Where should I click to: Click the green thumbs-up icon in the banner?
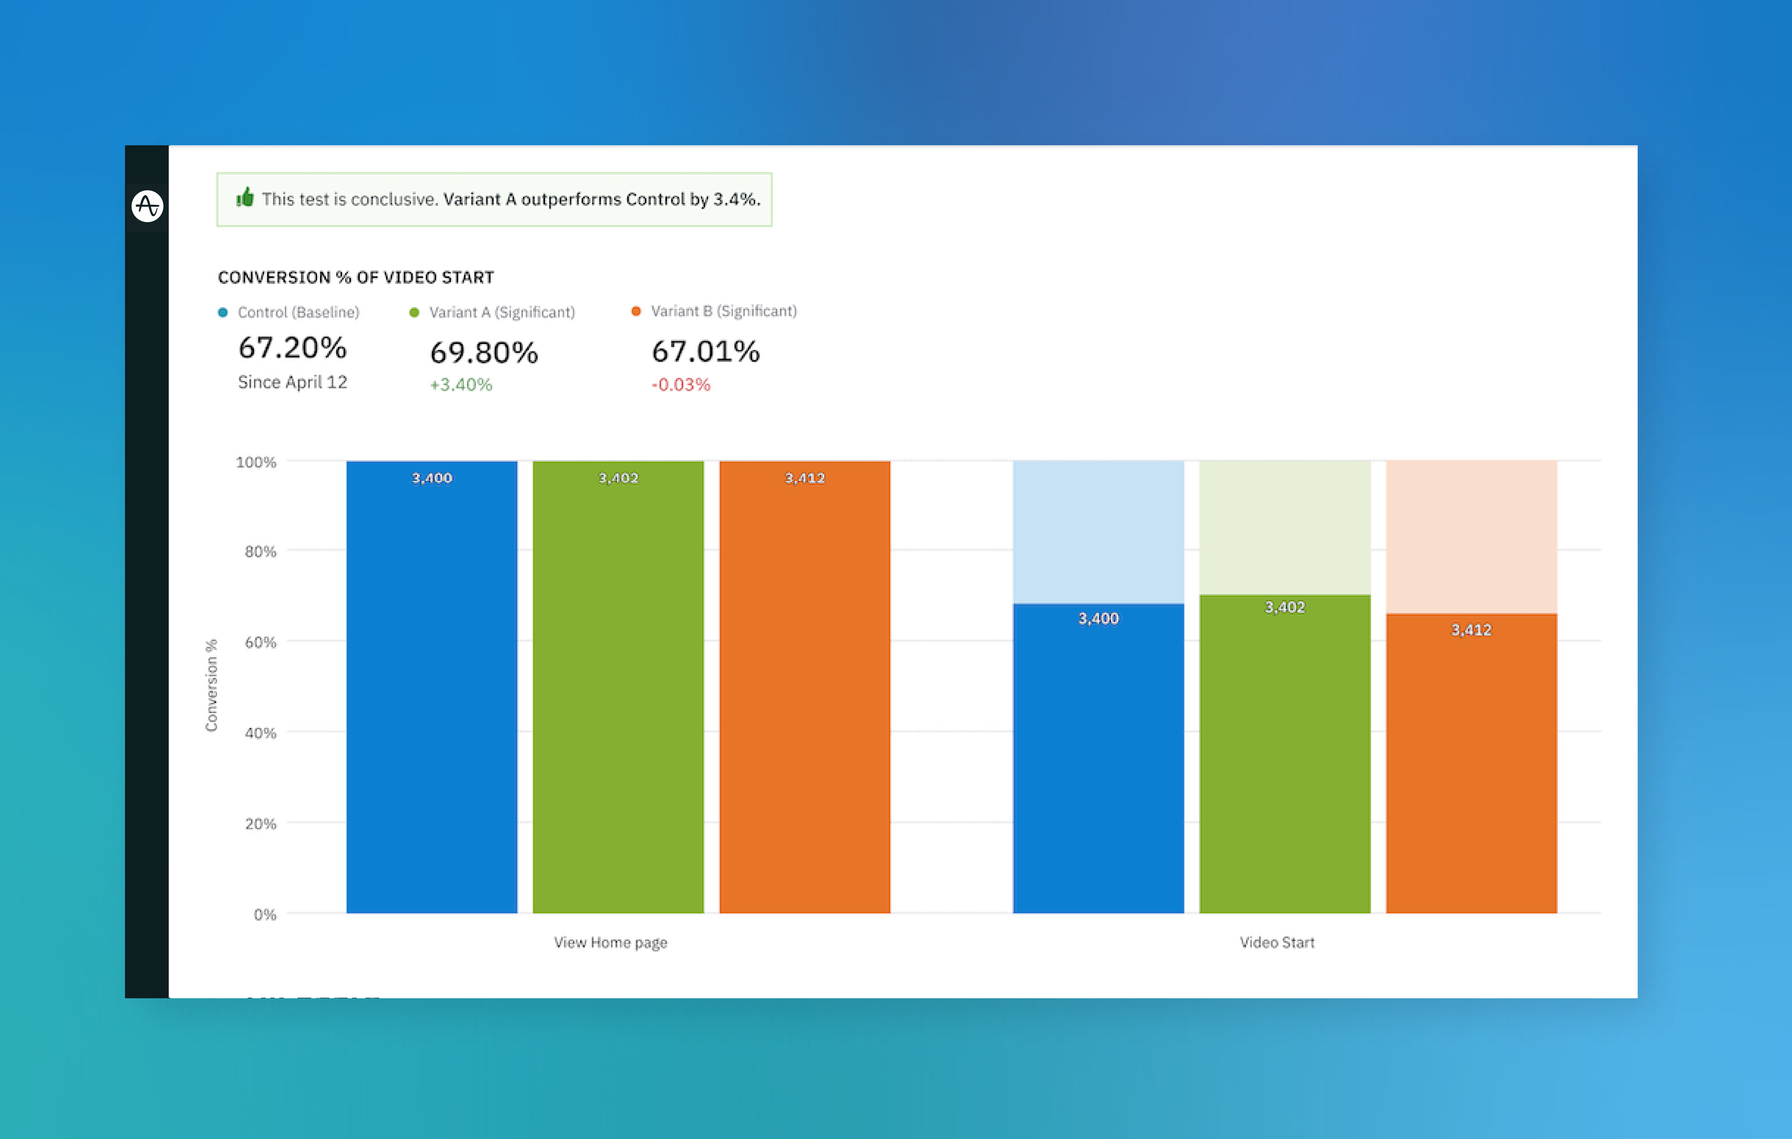click(245, 198)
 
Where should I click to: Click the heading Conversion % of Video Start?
click(356, 278)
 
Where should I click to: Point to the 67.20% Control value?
click(292, 348)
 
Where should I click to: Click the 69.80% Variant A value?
click(484, 352)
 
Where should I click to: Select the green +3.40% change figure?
click(461, 385)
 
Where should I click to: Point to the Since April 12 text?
click(292, 382)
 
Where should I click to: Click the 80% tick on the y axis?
click(261, 552)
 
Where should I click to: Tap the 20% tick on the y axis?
click(261, 823)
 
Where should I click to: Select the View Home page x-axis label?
click(610, 943)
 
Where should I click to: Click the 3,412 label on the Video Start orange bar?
click(1471, 630)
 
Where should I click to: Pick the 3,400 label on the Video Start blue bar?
click(1099, 619)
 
